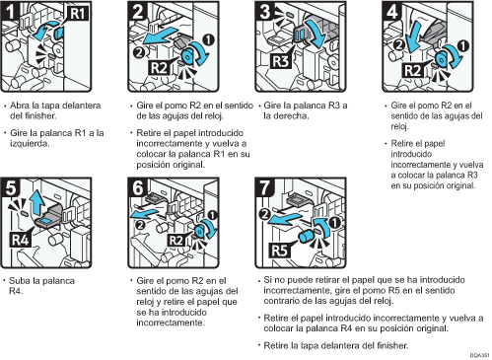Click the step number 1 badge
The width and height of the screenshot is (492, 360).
[10, 11]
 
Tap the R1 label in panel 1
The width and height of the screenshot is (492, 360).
[78, 14]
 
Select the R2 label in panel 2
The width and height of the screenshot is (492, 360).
[159, 68]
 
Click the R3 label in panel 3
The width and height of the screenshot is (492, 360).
[281, 61]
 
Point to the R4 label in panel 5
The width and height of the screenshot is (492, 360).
[21, 240]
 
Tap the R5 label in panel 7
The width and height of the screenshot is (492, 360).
[280, 251]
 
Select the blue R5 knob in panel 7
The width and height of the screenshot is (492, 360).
[307, 236]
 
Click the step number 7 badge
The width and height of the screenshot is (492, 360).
[264, 187]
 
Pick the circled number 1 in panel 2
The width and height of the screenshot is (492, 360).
[208, 40]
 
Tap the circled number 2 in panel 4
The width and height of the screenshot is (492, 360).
[399, 44]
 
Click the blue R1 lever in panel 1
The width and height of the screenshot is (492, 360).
[59, 34]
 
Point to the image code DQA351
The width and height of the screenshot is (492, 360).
[479, 356]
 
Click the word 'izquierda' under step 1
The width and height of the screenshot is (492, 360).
[30, 144]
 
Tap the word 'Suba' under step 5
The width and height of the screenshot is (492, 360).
[19, 281]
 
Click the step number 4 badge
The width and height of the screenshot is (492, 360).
[391, 11]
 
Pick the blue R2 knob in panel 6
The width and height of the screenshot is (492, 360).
[200, 232]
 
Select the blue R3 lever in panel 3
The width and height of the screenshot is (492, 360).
[300, 35]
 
